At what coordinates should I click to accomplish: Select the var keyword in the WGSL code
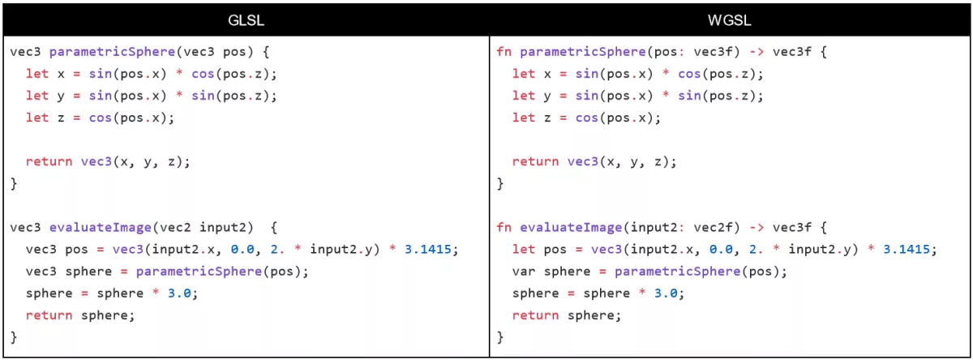(524, 271)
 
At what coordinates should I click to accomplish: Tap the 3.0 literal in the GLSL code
(180, 293)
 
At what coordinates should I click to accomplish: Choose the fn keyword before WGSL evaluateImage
(504, 227)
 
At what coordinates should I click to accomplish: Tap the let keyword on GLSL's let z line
(37, 118)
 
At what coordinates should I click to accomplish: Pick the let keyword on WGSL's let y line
(524, 96)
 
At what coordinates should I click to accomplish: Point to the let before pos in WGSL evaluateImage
(524, 249)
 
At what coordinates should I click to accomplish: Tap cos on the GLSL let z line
(101, 118)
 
